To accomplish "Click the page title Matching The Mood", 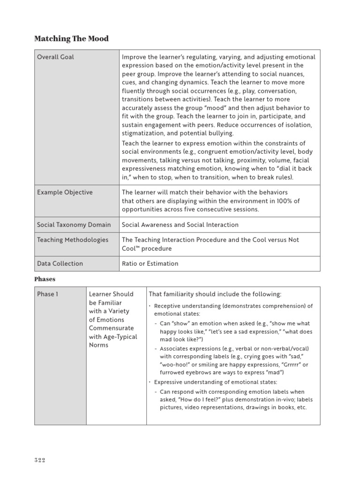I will pyautogui.click(x=71, y=38).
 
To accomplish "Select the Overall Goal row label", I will pyautogui.click(x=55, y=57).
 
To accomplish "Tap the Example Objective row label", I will pyautogui.click(x=65, y=193).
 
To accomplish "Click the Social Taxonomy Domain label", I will pyautogui.click(x=74, y=225).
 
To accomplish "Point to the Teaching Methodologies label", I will pyautogui.click(x=73, y=240).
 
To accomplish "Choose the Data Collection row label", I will pyautogui.click(x=60, y=264).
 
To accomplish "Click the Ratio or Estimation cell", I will pyautogui.click(x=150, y=264).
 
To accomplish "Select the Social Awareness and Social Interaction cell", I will pyautogui.click(x=180, y=225).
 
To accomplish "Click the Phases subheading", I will pyautogui.click(x=45, y=279).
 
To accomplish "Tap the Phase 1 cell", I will pyautogui.click(x=49, y=294).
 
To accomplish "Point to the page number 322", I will pyautogui.click(x=39, y=460).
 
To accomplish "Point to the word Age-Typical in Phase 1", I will pyautogui.click(x=120, y=337).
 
